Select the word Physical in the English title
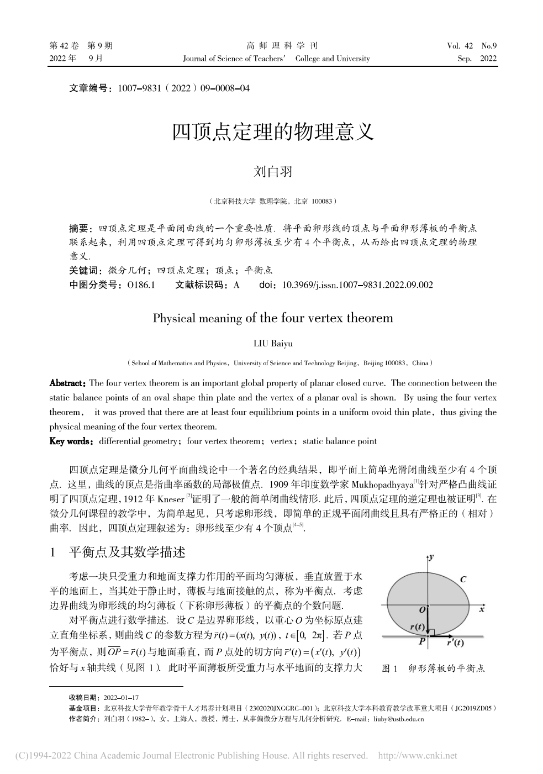pyautogui.click(x=174, y=318)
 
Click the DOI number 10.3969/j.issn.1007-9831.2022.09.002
pyautogui.click(x=357, y=285)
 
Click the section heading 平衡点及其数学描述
pyautogui.click(x=126, y=552)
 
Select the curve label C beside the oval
pyautogui.click(x=463, y=579)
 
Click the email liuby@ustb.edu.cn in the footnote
pyautogui.click(x=398, y=719)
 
